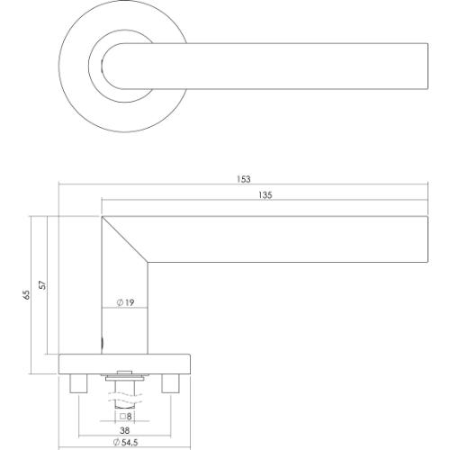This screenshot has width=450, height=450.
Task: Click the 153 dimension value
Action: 243,178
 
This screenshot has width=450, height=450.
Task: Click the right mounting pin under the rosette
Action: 167,384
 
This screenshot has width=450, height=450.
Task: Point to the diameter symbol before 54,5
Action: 110,443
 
